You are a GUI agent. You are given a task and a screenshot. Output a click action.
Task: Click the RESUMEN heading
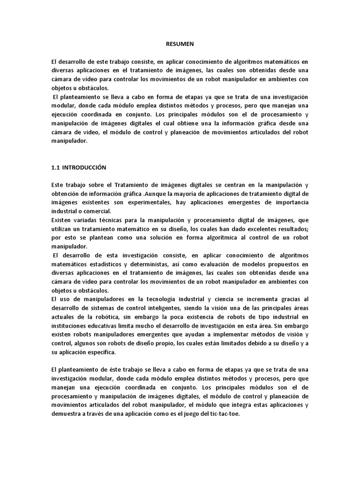(x=180, y=44)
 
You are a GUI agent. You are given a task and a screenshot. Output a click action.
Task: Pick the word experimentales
(x=150, y=202)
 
